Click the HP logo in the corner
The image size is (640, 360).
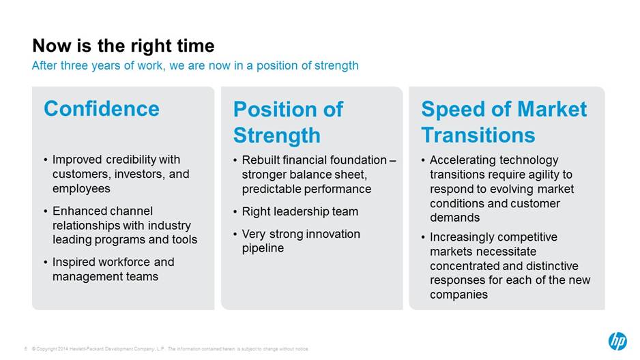(x=617, y=341)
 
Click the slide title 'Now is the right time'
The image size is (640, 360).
(x=123, y=46)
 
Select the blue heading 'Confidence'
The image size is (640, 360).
(x=102, y=109)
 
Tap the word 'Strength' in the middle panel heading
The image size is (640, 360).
(x=277, y=136)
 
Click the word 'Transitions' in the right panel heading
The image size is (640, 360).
(x=478, y=135)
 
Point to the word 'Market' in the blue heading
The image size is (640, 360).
(x=552, y=109)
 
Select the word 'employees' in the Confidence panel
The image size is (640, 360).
(x=81, y=189)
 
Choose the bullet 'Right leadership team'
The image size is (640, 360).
(x=300, y=211)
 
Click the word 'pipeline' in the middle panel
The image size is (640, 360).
(x=263, y=248)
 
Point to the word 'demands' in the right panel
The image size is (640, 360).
(x=454, y=217)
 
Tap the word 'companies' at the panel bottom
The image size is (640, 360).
(x=459, y=295)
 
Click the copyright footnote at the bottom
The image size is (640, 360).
(x=170, y=349)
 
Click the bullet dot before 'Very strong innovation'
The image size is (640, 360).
(x=235, y=235)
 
